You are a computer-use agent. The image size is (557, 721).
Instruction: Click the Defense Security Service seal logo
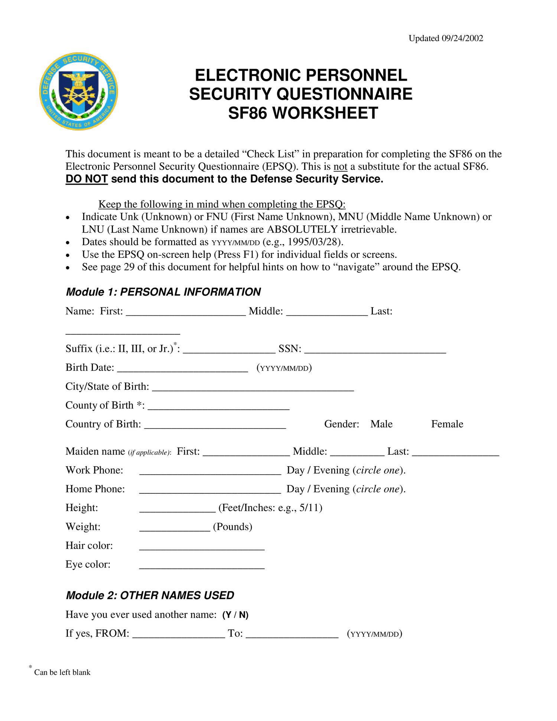tap(79, 91)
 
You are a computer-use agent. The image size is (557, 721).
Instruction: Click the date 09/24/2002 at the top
tap(462, 39)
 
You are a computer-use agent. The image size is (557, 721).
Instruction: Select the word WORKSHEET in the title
tap(325, 113)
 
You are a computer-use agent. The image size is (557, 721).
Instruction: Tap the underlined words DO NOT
tap(87, 179)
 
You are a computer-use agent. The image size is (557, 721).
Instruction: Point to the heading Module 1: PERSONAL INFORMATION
tap(163, 292)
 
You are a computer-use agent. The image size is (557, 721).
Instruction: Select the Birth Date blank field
tap(182, 368)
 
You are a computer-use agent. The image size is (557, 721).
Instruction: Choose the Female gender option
tap(447, 424)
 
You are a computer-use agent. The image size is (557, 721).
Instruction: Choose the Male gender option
tap(381, 424)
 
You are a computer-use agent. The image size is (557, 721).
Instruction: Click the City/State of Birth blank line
tap(253, 387)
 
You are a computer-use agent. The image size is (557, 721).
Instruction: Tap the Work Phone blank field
tap(210, 471)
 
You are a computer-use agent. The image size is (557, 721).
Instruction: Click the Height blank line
tap(177, 508)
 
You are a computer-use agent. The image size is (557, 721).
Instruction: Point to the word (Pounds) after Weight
tap(232, 527)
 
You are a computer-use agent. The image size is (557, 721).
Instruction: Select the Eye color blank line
tap(202, 565)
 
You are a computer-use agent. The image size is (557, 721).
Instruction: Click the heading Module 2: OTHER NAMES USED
tap(150, 595)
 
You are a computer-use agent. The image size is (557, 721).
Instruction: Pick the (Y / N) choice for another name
tap(235, 615)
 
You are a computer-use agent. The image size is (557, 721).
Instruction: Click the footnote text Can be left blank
tap(62, 673)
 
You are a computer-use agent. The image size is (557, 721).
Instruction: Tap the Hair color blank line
tap(202, 546)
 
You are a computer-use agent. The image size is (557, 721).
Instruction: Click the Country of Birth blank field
tap(215, 425)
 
